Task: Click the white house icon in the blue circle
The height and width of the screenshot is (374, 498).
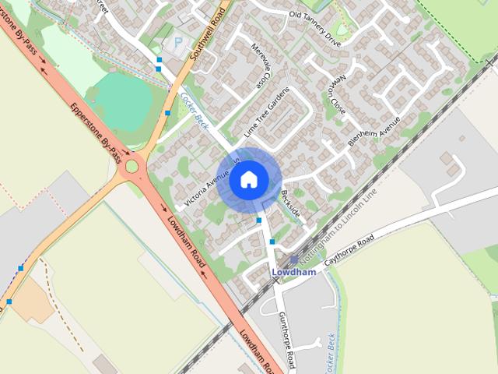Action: (x=248, y=179)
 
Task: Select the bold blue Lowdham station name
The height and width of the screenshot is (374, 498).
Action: (x=294, y=273)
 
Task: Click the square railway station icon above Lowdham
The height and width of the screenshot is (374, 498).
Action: (x=293, y=260)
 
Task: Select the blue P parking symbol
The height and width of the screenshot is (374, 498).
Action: (x=179, y=43)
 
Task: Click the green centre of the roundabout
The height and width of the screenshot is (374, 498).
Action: (x=132, y=165)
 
